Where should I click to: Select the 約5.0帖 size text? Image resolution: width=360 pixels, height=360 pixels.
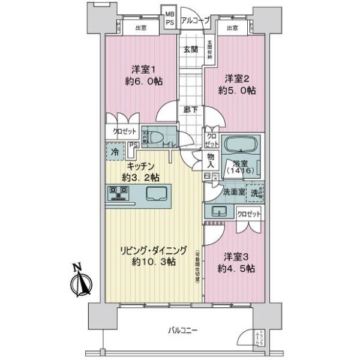coord(241,91)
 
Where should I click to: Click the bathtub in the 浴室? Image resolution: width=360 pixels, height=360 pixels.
coord(240,146)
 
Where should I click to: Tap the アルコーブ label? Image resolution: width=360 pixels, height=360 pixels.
coord(195,20)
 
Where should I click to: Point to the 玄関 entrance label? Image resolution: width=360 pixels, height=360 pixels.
coord(191,49)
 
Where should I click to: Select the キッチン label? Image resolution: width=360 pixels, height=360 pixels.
coord(142,166)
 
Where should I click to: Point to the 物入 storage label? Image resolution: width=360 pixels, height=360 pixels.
coord(211,160)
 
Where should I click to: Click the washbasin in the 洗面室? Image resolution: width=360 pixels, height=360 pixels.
coord(217,211)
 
